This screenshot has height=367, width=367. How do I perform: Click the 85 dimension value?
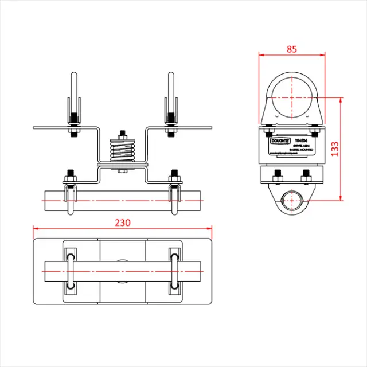click(x=292, y=49)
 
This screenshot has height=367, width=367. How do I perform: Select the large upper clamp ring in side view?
click(x=292, y=95)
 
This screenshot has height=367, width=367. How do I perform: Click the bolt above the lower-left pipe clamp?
click(x=69, y=175)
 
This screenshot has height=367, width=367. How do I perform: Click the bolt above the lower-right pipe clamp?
click(x=173, y=175)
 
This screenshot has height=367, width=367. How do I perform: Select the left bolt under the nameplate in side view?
click(x=278, y=175)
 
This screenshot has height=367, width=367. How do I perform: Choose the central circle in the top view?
click(x=122, y=268)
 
